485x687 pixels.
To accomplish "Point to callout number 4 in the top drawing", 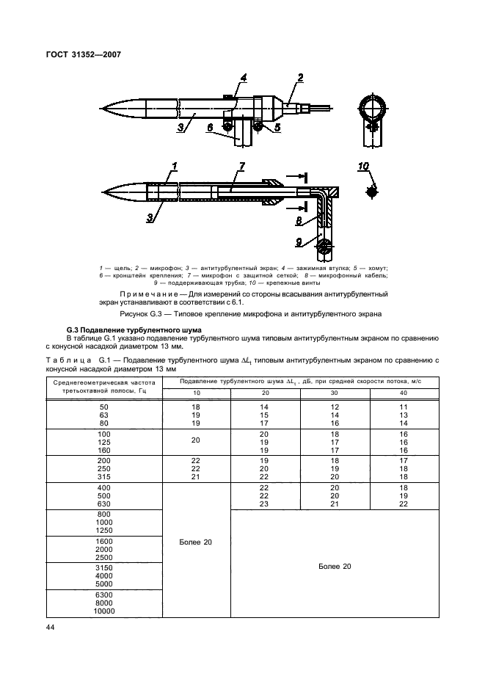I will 243,77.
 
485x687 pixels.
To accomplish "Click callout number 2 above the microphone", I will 300,78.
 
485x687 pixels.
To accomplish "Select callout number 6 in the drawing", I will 211,128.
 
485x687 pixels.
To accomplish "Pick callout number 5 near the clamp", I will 277,127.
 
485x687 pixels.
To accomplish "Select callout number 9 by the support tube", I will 298,241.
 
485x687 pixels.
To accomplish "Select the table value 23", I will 265,504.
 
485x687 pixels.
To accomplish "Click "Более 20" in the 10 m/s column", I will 194,542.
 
